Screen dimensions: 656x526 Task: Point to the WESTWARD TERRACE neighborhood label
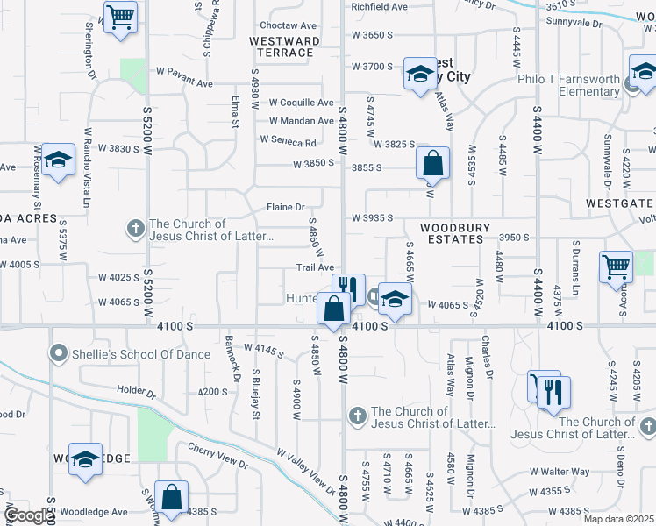point(284,46)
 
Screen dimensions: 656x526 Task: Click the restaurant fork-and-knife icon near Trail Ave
point(349,288)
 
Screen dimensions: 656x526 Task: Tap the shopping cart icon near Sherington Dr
point(120,16)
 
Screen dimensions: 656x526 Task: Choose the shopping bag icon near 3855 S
point(432,162)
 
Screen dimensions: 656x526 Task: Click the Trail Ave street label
point(315,267)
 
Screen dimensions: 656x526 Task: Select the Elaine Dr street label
point(286,208)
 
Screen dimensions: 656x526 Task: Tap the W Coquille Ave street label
point(301,103)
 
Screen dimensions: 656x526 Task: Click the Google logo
point(28,515)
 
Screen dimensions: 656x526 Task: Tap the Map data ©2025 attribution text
point(619,519)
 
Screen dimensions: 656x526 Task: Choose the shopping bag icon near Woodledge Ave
point(171,496)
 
